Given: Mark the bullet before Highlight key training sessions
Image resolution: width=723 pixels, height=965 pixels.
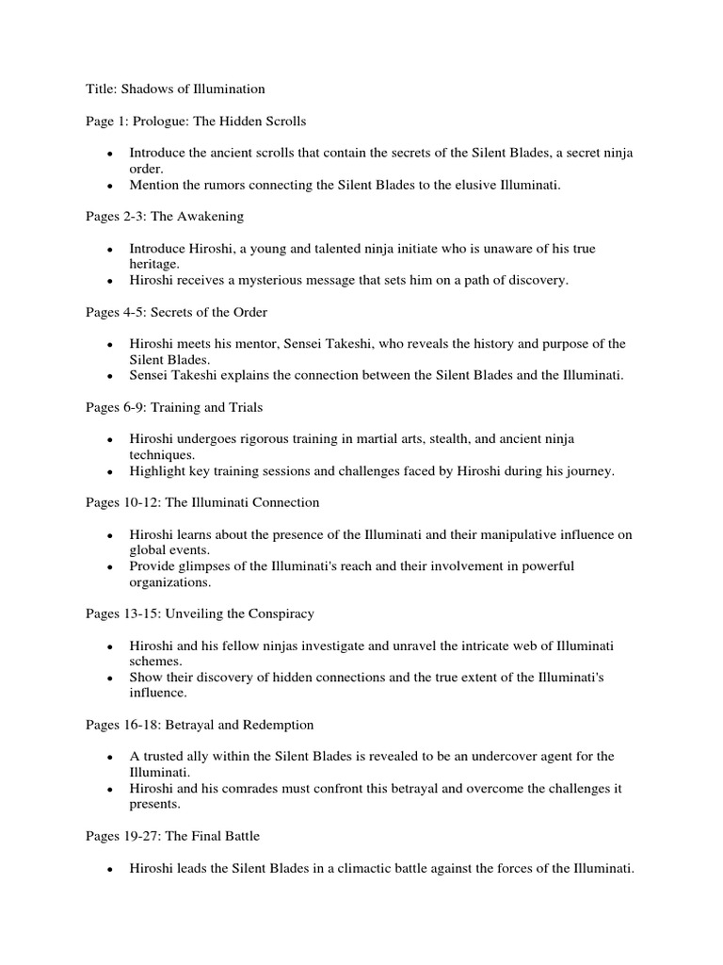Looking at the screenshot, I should (x=110, y=472).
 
